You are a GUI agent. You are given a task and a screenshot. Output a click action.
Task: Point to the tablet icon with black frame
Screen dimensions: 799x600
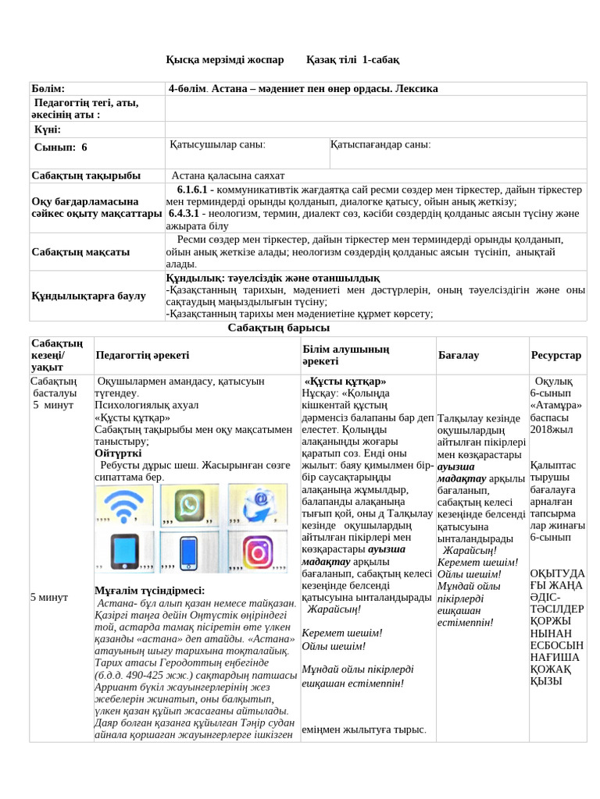[123, 553]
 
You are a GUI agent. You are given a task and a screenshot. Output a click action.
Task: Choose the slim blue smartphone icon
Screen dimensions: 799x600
[188, 553]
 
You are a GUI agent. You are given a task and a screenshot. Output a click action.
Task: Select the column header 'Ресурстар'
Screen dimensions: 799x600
[556, 355]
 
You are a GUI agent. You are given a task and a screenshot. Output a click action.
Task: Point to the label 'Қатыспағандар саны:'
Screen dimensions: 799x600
[380, 144]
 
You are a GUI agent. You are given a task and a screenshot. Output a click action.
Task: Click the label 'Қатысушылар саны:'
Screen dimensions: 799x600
[217, 144]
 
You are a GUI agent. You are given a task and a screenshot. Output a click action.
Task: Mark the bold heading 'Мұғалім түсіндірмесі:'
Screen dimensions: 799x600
[149, 590]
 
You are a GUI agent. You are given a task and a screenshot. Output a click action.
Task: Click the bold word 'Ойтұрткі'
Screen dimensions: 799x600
[118, 453]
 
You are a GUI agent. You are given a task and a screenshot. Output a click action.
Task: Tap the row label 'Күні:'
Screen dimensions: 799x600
[47, 129]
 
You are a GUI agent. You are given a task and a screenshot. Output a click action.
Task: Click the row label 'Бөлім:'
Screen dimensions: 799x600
[48, 89]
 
